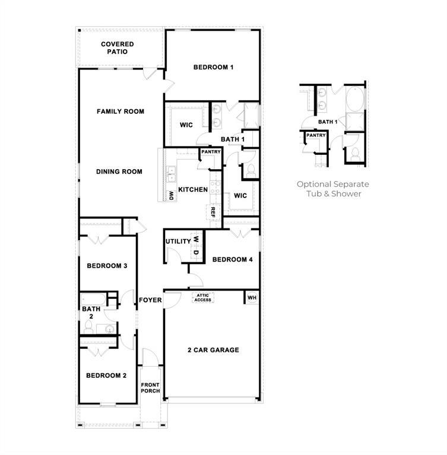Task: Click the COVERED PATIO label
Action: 117,48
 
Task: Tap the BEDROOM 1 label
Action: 213,68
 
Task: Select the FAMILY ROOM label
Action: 121,112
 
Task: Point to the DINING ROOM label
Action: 119,172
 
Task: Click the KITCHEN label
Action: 192,190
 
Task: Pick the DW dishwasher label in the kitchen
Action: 170,195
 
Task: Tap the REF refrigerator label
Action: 212,212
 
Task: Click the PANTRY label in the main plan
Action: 211,152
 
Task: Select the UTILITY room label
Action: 178,241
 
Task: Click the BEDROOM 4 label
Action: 233,260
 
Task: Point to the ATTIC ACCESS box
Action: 202,298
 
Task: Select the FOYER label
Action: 150,300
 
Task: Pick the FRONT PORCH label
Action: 150,389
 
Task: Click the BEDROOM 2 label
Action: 106,376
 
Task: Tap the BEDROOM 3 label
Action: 107,266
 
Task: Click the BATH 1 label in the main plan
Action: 233,140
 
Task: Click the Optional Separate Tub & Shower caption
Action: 333,189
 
